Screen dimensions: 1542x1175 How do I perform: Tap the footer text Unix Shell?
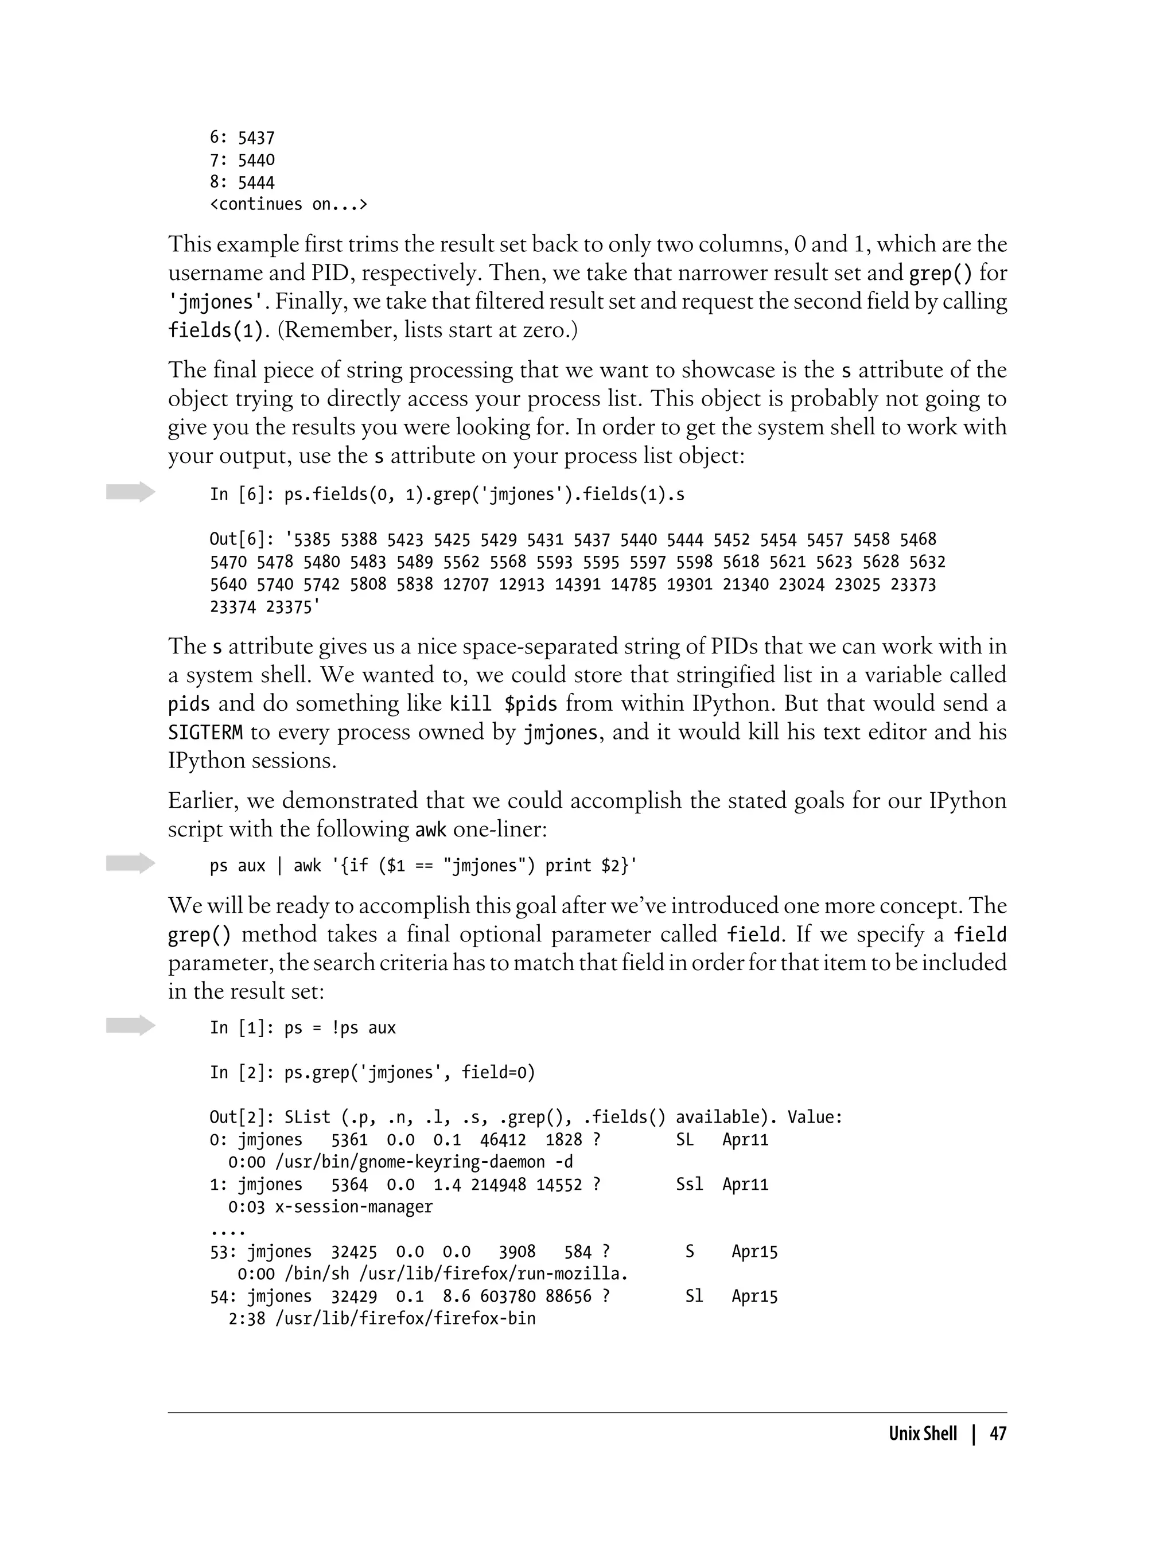923,1434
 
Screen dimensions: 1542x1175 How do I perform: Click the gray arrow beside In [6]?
131,492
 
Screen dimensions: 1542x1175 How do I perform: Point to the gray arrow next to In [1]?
131,1025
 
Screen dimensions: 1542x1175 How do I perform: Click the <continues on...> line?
288,204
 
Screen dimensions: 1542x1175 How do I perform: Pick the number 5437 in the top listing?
256,138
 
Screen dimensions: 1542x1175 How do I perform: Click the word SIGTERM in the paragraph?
205,732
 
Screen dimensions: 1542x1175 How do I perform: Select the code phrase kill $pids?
503,703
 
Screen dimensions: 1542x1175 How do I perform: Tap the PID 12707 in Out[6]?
466,585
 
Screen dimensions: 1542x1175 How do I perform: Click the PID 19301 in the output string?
690,585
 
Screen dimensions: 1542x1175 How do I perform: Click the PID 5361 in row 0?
349,1140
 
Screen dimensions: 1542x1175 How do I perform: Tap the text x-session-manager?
354,1207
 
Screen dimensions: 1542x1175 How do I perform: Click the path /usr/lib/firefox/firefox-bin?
405,1319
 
